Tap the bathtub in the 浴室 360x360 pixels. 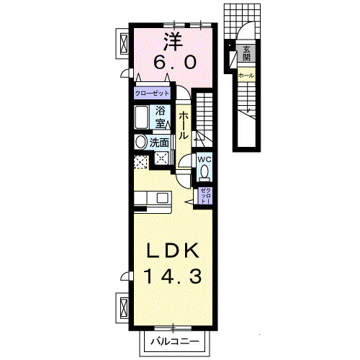pyautogui.click(x=142, y=117)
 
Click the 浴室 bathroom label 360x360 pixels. pyautogui.click(x=162, y=117)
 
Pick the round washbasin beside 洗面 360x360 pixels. pyautogui.click(x=140, y=142)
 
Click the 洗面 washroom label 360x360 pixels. pyautogui.click(x=159, y=143)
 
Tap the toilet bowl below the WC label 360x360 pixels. pyautogui.click(x=204, y=173)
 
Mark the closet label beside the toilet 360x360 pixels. pyautogui.click(x=205, y=194)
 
